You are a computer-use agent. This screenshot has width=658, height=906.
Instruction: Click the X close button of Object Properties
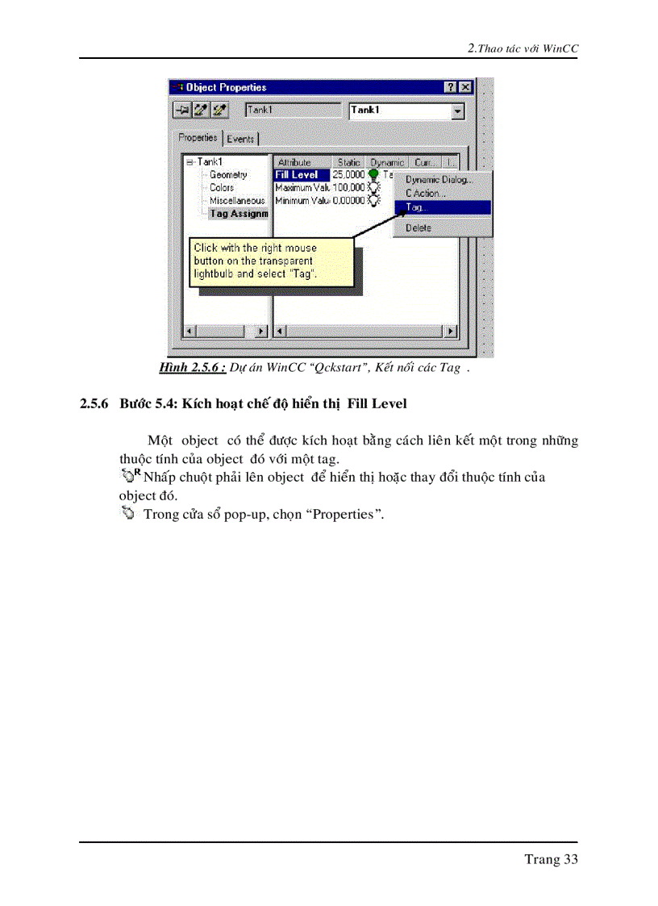coord(464,87)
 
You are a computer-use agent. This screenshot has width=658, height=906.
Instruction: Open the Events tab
coord(240,139)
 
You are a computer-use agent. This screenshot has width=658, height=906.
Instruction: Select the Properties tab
coord(198,138)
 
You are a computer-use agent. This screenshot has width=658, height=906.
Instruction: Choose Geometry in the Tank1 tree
coord(228,175)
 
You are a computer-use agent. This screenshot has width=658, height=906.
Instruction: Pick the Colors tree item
coord(222,188)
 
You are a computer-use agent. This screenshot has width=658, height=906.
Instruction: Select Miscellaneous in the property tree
coord(237,201)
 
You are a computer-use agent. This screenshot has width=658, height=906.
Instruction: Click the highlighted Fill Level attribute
coord(297,175)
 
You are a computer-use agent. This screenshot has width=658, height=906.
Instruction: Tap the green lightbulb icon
coord(373,174)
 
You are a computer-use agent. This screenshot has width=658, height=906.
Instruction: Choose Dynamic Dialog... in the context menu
coord(439,180)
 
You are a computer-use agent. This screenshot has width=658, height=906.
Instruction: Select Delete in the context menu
coord(419,228)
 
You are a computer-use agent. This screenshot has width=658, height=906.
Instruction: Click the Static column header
coord(349,162)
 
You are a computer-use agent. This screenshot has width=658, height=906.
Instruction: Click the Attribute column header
coord(294,162)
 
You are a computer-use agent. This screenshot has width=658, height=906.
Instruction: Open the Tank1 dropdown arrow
coord(458,111)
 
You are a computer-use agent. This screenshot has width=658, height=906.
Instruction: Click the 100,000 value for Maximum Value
coord(348,188)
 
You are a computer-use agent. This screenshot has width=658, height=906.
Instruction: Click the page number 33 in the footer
coord(570,859)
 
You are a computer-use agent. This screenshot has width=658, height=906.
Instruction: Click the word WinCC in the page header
coord(560,48)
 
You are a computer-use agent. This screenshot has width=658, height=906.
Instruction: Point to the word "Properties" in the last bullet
coord(343,514)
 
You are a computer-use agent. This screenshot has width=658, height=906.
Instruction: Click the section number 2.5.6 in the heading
coord(94,403)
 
